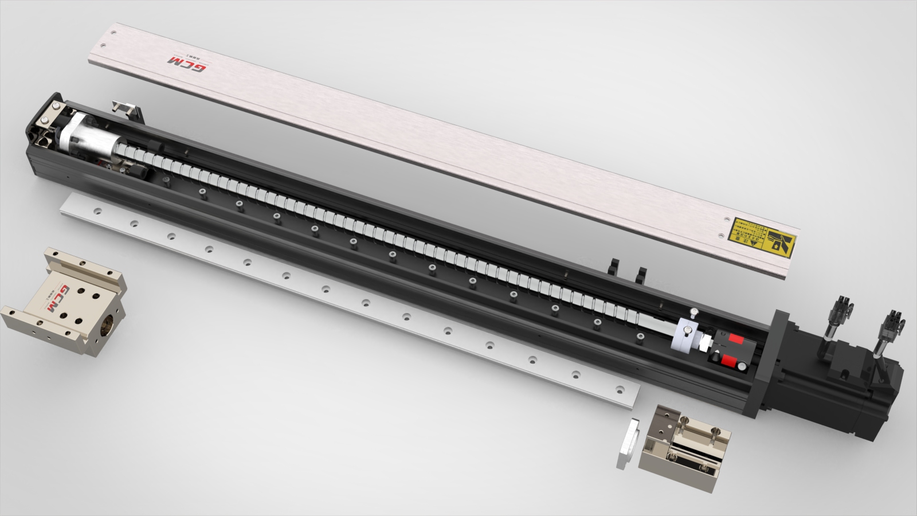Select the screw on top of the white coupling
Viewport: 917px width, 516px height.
693,312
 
